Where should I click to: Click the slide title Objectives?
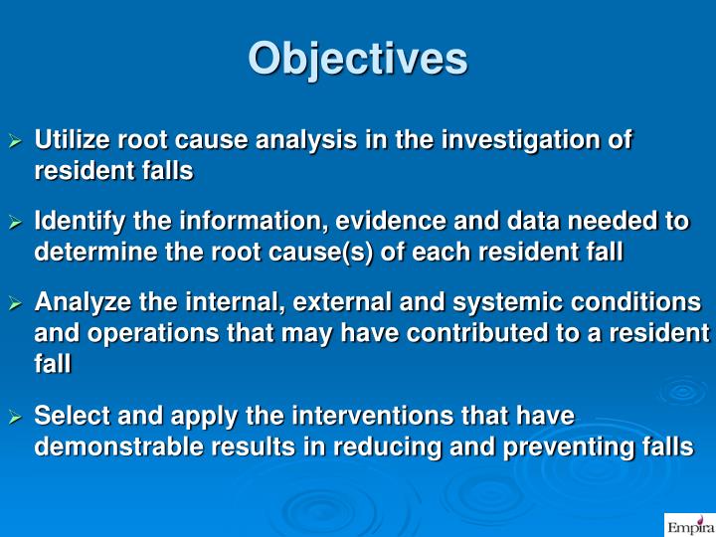point(357,59)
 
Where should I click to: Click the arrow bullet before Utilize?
point(15,142)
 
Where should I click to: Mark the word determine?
point(83,253)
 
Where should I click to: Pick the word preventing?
point(573,447)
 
